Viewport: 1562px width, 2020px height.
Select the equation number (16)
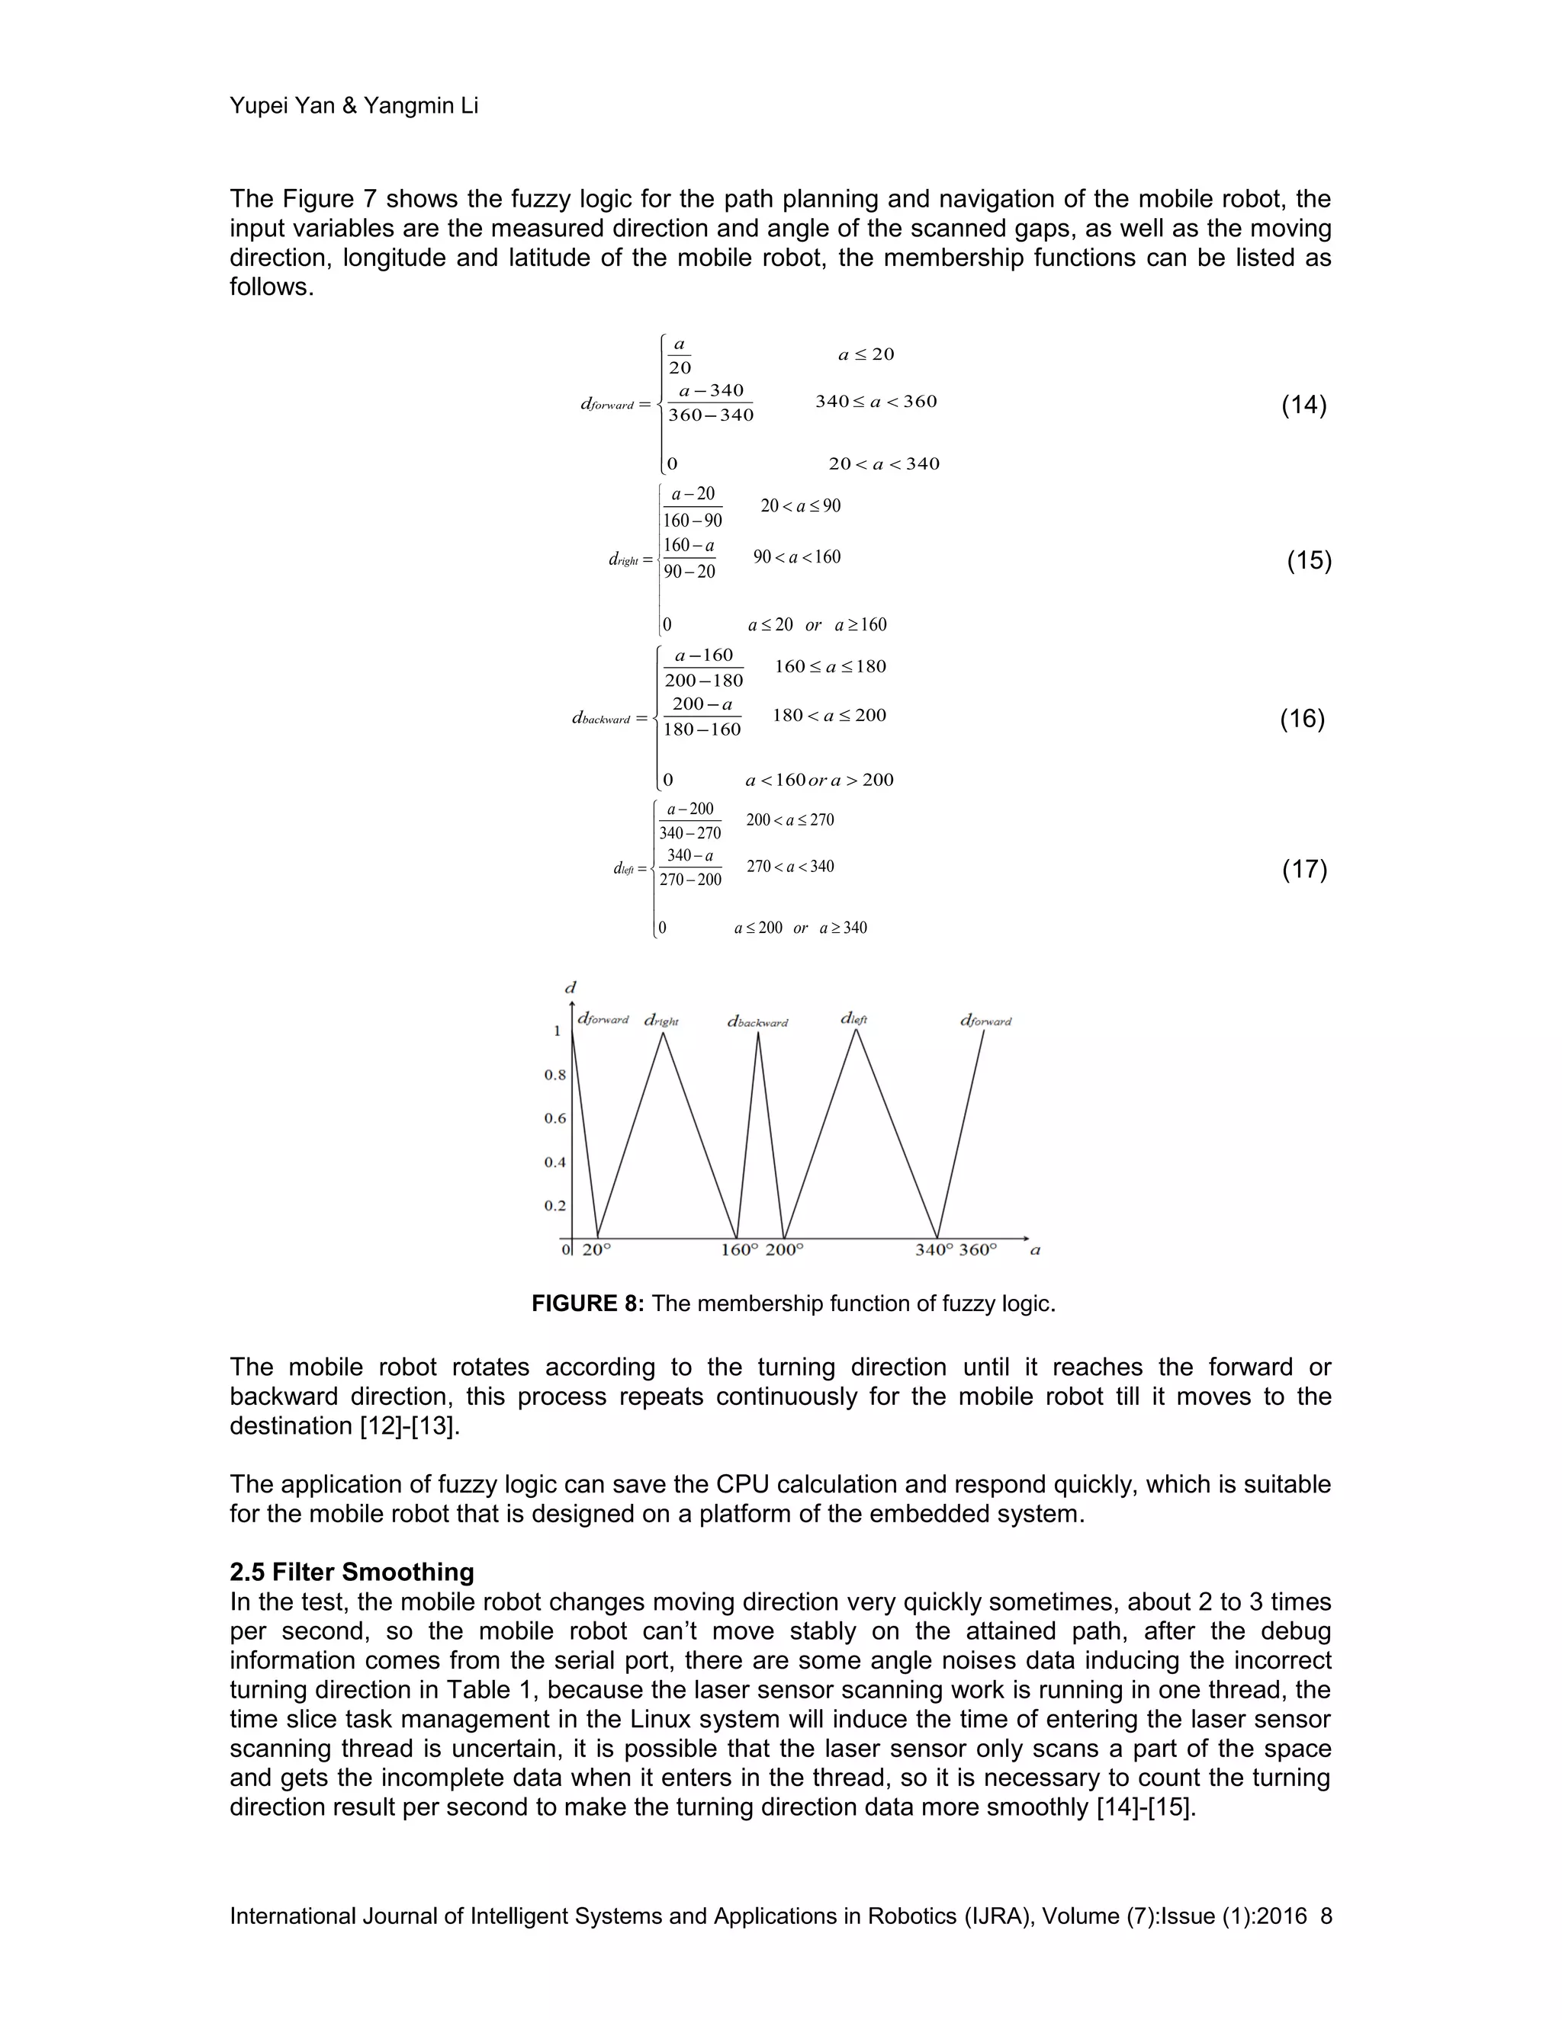(x=1302, y=719)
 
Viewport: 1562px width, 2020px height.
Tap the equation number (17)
(x=1303, y=870)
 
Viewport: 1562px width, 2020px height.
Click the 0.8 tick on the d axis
(x=554, y=1075)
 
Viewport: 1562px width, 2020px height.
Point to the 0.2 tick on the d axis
(x=554, y=1205)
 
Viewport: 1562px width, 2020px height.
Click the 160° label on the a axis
(x=739, y=1249)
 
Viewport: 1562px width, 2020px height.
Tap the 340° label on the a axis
(x=934, y=1249)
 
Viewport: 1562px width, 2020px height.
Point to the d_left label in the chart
(x=854, y=1018)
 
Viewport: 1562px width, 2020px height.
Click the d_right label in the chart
(x=661, y=1021)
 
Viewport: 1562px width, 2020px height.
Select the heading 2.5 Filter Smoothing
(x=352, y=1573)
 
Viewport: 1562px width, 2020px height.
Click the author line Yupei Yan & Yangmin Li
(x=353, y=105)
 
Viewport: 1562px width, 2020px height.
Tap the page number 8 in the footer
(x=1326, y=1916)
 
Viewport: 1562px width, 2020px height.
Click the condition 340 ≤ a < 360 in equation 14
(x=876, y=402)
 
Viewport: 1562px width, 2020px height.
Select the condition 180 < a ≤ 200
(x=829, y=715)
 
